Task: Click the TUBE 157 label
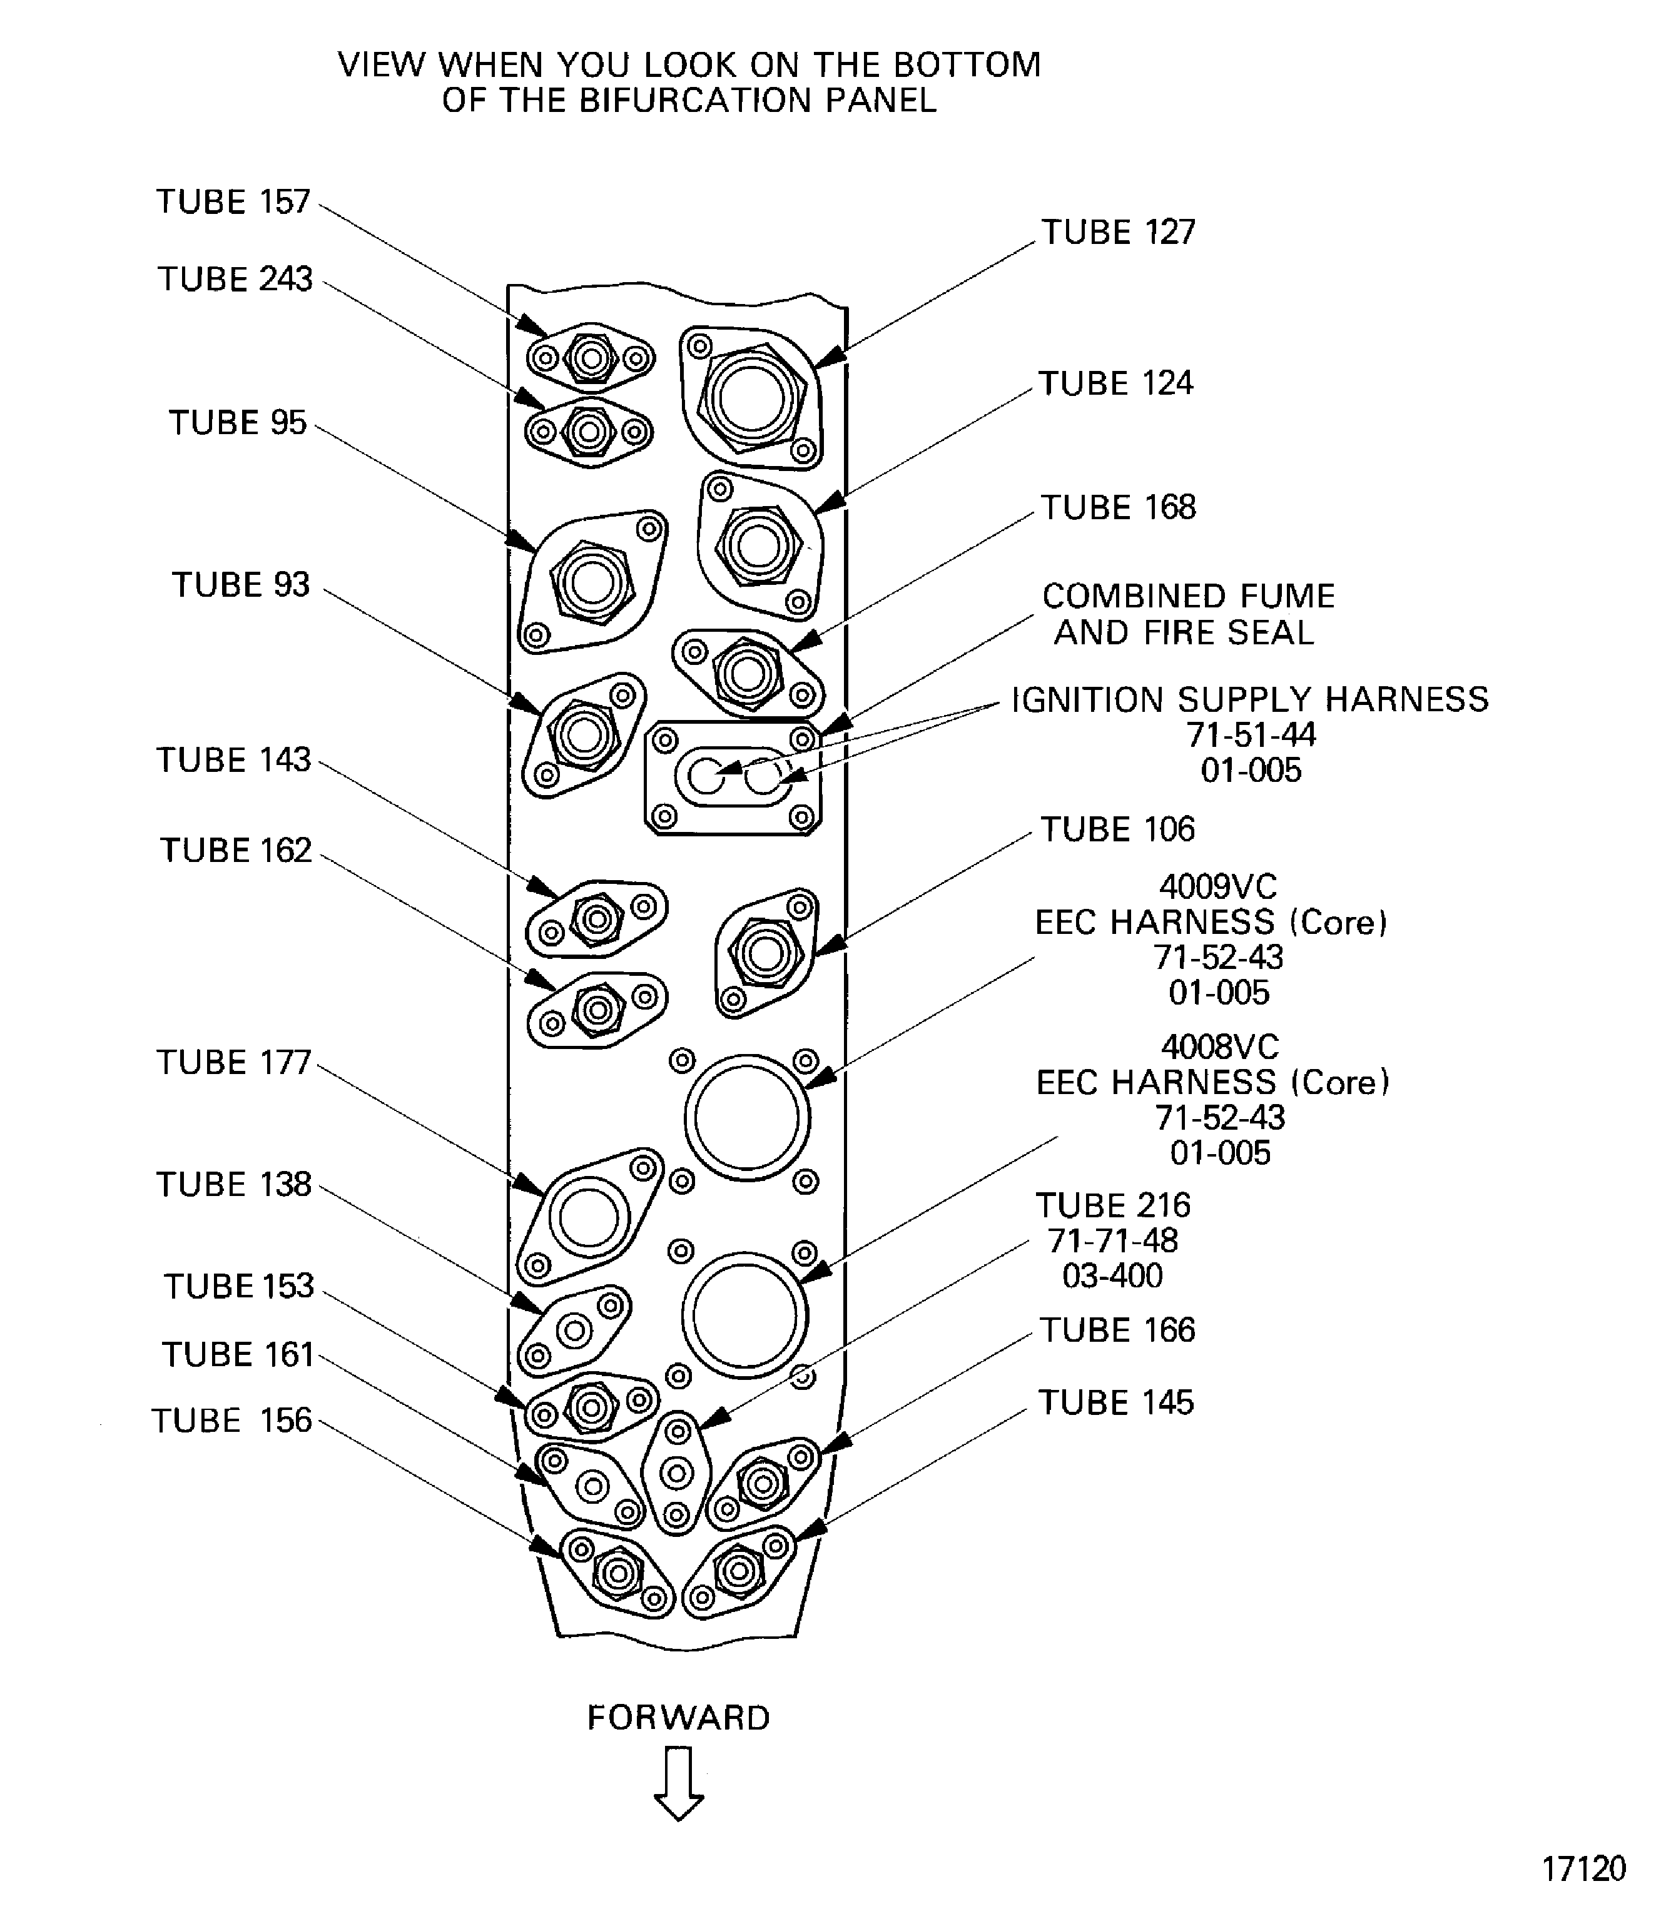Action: pyautogui.click(x=233, y=201)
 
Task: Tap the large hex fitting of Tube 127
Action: pyautogui.click(x=751, y=398)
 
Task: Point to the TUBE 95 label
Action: pyautogui.click(x=237, y=423)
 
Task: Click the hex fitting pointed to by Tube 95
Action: pyautogui.click(x=592, y=583)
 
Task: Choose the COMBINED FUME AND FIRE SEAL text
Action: pyautogui.click(x=1187, y=614)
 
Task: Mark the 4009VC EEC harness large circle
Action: pyautogui.click(x=746, y=1117)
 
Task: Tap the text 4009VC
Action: pyautogui.click(x=1218, y=887)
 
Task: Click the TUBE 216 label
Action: pyautogui.click(x=1113, y=1206)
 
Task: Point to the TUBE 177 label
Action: pyautogui.click(x=233, y=1063)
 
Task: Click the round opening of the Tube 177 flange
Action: pyautogui.click(x=589, y=1218)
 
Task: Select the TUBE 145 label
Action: pyautogui.click(x=1115, y=1403)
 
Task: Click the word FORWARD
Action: pyautogui.click(x=679, y=1718)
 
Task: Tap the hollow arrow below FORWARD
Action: pyautogui.click(x=679, y=1783)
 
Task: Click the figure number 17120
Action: pyautogui.click(x=1583, y=1868)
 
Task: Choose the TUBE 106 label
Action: pyautogui.click(x=1117, y=829)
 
